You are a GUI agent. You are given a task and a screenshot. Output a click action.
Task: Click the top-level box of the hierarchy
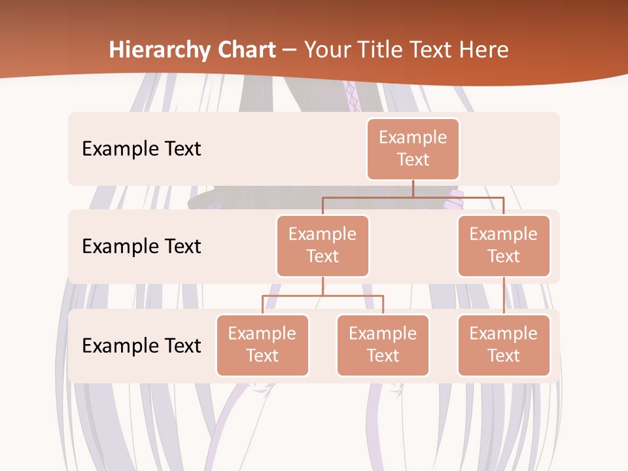pos(413,148)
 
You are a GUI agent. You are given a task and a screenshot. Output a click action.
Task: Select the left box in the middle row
pos(323,245)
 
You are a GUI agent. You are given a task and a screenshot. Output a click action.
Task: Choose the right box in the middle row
pos(504,245)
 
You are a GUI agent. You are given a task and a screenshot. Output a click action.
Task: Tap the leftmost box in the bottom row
pos(262,345)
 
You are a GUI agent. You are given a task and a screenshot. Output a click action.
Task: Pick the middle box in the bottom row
pos(383,345)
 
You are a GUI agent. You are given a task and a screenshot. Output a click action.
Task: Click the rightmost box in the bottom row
pos(504,345)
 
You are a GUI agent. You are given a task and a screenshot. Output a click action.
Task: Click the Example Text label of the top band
pos(141,148)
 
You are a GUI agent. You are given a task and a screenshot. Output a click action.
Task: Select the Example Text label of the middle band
pos(141,246)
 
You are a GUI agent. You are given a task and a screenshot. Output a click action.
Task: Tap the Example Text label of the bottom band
pos(141,345)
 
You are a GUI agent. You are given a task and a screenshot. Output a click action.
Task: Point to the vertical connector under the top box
pos(413,188)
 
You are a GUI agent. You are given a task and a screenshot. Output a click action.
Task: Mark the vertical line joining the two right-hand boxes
pos(504,296)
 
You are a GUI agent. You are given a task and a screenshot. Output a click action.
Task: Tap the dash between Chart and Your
pos(290,50)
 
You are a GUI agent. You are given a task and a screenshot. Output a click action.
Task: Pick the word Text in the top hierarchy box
pos(413,160)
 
